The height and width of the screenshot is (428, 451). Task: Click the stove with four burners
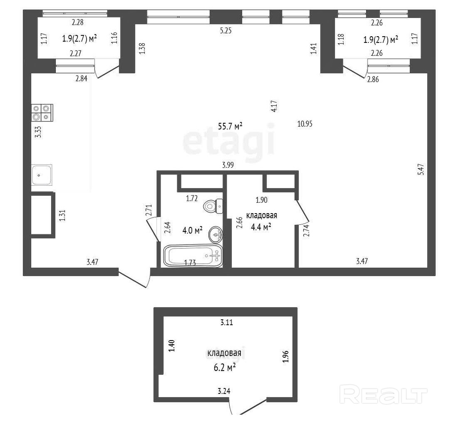[42, 112]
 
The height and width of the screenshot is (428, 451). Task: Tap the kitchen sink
[42, 175]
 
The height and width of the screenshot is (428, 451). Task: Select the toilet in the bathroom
[213, 206]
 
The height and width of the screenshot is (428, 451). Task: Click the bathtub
[193, 256]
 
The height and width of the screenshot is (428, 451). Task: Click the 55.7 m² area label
[230, 126]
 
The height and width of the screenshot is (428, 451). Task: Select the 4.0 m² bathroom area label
[192, 230]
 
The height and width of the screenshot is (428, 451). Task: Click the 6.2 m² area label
[225, 368]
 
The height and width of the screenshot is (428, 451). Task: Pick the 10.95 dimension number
[305, 124]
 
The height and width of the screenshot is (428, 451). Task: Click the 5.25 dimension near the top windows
[226, 30]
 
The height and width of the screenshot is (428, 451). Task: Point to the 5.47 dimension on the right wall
[421, 169]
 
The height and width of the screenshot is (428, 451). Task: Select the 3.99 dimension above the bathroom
[228, 165]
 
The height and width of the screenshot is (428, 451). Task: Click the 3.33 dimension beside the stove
[38, 132]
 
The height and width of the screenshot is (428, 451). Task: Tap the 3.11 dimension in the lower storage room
[227, 322]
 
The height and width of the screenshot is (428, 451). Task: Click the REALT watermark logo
[384, 395]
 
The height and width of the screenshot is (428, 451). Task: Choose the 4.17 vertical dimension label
[274, 106]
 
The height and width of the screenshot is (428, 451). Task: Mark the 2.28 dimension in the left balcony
[78, 22]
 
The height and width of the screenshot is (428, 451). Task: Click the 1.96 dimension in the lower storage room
[285, 357]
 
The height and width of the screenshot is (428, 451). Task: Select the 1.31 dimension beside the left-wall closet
[62, 215]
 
